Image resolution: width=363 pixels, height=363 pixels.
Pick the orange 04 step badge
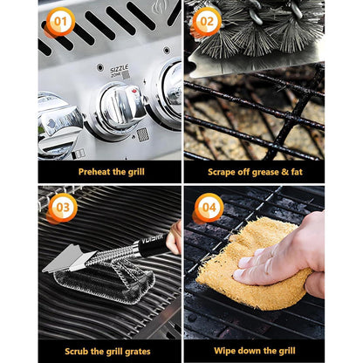(x=209, y=208)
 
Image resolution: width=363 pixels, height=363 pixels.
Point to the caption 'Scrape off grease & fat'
(x=254, y=171)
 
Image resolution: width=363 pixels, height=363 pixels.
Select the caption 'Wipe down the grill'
(x=254, y=351)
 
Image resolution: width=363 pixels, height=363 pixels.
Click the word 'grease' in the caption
(x=258, y=171)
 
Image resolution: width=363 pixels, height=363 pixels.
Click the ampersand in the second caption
(x=284, y=171)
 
